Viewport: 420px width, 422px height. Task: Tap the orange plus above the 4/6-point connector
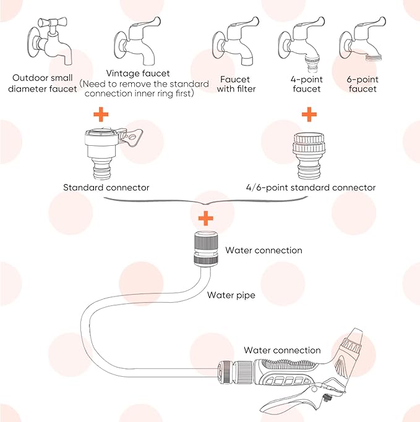click(309, 114)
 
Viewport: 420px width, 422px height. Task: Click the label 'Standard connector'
click(106, 187)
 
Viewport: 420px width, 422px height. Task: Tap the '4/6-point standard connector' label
click(309, 187)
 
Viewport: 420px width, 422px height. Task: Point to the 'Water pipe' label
click(231, 295)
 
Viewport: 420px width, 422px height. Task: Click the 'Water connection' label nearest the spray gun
click(282, 350)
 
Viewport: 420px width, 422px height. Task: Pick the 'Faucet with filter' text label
click(236, 84)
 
